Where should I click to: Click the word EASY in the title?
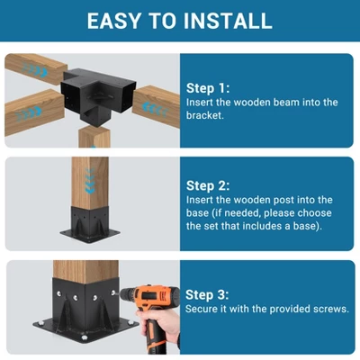tap(114, 21)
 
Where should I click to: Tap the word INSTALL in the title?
tap(228, 21)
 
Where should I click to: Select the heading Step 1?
tap(208, 88)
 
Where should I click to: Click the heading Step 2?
tap(208, 185)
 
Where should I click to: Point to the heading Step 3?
tap(207, 294)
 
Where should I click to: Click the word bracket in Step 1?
tap(204, 115)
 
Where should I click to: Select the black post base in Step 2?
tap(90, 224)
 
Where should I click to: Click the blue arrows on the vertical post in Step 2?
tap(90, 181)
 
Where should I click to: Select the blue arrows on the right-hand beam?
tap(154, 109)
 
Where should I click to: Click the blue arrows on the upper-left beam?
tap(35, 70)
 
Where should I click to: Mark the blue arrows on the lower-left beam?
tap(28, 113)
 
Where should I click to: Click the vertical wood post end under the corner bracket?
tap(94, 137)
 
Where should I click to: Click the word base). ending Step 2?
tap(308, 226)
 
